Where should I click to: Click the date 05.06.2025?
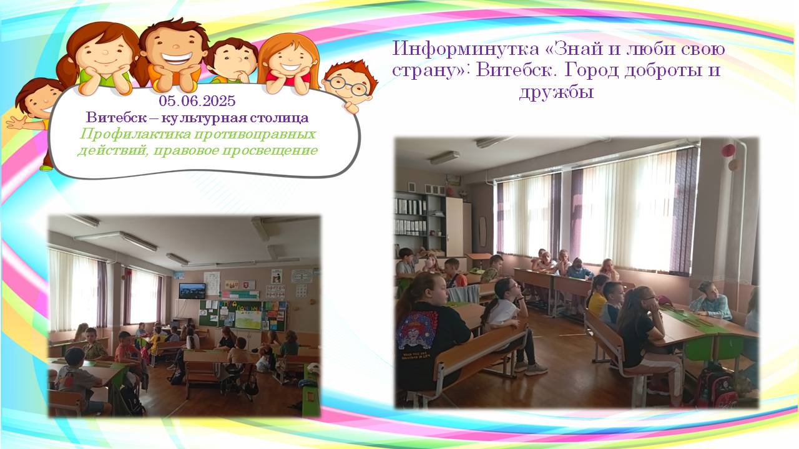(x=197, y=101)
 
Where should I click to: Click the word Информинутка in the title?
(x=466, y=49)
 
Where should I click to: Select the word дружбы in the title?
(x=556, y=92)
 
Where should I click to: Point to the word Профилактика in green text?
(x=135, y=134)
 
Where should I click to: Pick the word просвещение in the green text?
(x=270, y=150)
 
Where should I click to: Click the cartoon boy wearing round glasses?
(x=350, y=85)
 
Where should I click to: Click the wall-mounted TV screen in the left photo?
(x=192, y=291)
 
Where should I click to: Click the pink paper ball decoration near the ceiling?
(x=728, y=150)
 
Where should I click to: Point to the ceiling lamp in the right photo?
(x=444, y=158)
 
